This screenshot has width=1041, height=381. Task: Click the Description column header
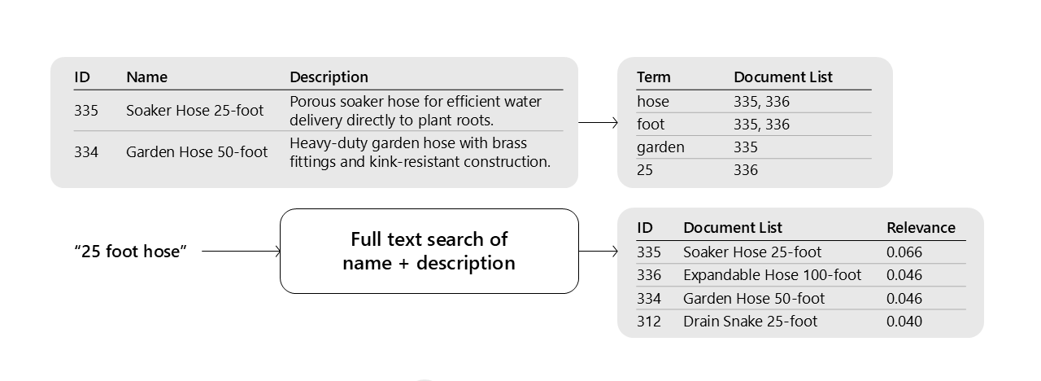[329, 77]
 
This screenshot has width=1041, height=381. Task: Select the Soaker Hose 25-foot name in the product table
[194, 111]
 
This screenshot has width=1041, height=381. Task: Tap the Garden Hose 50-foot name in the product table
[197, 152]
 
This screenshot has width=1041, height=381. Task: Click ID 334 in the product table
[85, 152]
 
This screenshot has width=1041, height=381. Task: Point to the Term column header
[653, 77]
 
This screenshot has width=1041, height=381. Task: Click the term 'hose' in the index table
[652, 102]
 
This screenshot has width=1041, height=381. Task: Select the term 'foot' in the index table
[650, 125]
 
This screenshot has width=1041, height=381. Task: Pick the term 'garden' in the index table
[660, 147]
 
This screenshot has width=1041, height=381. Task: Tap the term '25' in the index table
[645, 170]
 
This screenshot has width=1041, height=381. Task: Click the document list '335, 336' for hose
[761, 102]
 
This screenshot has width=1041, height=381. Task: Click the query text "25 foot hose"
[130, 252]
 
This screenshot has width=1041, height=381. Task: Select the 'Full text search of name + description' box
[429, 251]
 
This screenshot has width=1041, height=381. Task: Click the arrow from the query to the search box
[240, 252]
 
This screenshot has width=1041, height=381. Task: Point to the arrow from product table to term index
[598, 124]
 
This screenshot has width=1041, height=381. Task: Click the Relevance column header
[921, 228]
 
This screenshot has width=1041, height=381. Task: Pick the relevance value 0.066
[904, 252]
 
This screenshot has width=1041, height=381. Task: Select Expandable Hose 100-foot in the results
[772, 275]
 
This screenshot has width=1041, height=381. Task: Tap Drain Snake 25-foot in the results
[750, 322]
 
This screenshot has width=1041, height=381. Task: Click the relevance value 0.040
[904, 322]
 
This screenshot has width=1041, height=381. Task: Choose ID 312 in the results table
[648, 322]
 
